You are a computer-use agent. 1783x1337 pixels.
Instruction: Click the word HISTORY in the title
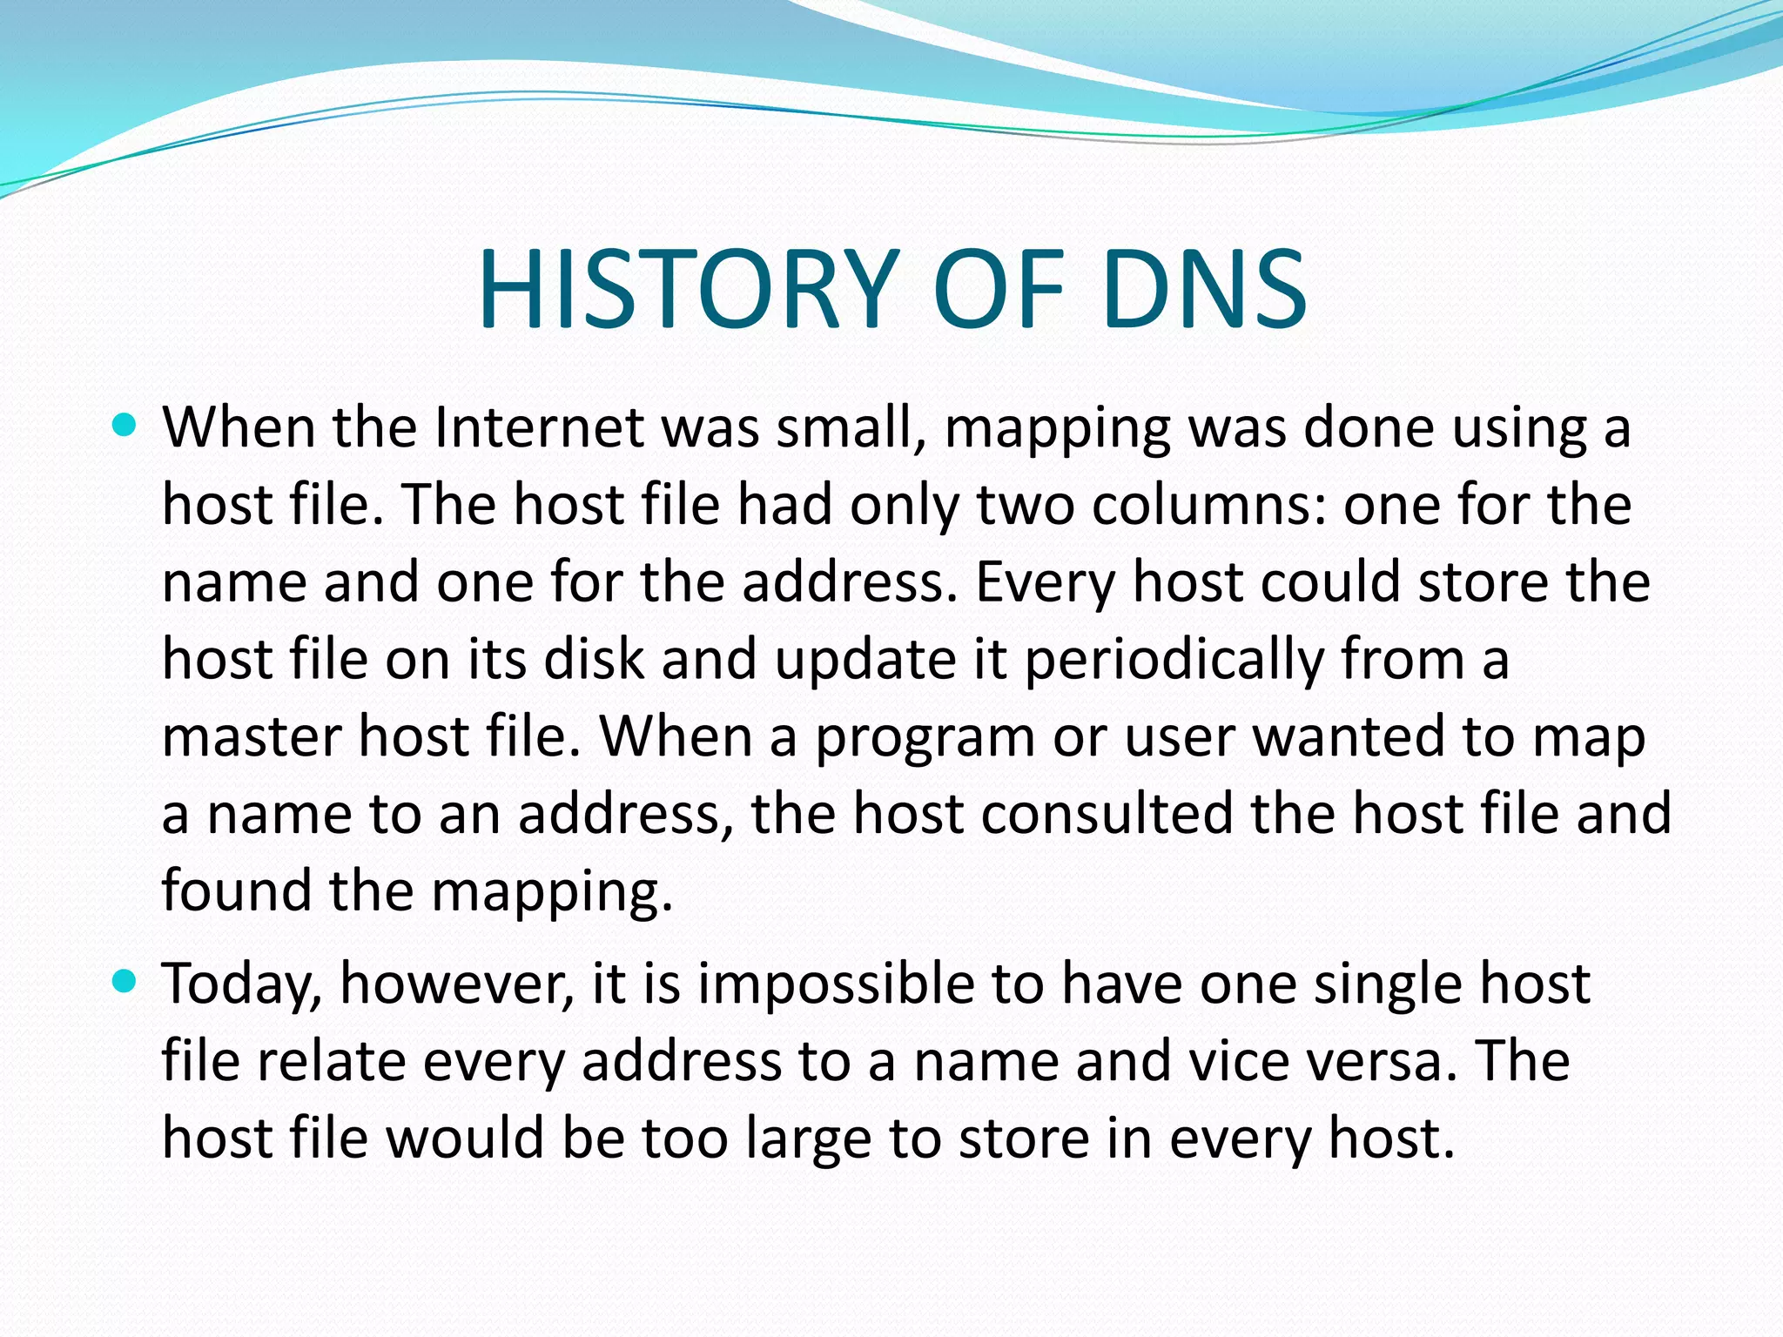tap(688, 290)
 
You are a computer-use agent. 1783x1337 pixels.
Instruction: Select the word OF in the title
tap(999, 290)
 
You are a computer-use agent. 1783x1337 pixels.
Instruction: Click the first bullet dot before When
tap(125, 426)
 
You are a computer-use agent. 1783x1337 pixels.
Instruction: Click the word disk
tap(594, 659)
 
